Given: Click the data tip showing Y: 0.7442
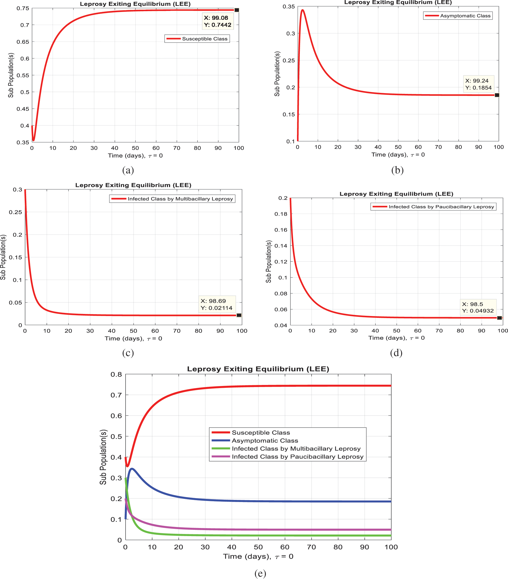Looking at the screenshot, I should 218,21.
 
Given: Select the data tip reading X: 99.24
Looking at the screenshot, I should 478,84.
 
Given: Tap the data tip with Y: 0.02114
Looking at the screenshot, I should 216,304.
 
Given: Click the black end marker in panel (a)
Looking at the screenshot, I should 237,10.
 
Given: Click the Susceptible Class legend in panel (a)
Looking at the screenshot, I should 197,39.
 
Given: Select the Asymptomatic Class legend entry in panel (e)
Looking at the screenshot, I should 265,441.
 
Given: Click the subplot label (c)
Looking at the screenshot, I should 128,353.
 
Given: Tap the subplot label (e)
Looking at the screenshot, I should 260,573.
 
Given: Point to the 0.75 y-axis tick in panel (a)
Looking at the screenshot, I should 23,9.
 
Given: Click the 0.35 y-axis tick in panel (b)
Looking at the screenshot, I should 289,7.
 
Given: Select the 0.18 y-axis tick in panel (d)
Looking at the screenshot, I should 281,214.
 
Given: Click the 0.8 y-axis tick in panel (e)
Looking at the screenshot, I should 116,374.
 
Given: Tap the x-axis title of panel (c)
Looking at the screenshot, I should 133,338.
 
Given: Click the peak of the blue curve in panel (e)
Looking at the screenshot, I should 132,469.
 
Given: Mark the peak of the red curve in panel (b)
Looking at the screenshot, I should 303,10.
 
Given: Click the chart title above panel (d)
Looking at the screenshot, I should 396,194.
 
